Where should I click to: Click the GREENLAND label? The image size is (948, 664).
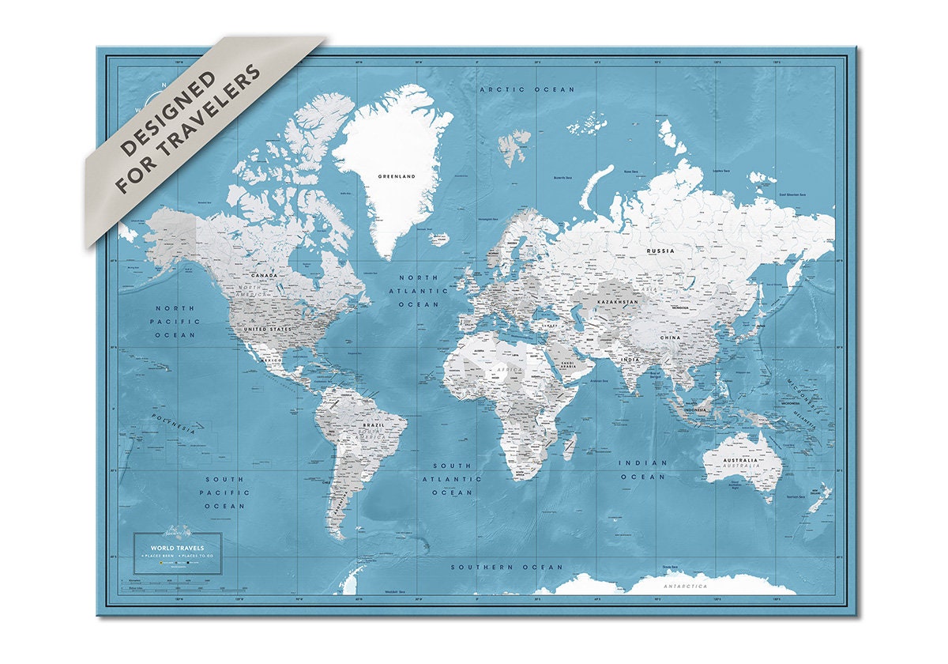coord(397,177)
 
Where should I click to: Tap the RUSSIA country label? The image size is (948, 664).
coord(660,251)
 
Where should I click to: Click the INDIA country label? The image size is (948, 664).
coord(630,360)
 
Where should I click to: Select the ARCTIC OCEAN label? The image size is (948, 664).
coord(528,90)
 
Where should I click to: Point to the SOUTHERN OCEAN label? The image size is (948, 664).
coord(506,567)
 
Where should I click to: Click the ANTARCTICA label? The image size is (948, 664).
coord(685,587)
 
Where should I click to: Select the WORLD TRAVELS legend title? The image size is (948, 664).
coord(177,547)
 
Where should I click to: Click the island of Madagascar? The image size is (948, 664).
coord(567,448)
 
